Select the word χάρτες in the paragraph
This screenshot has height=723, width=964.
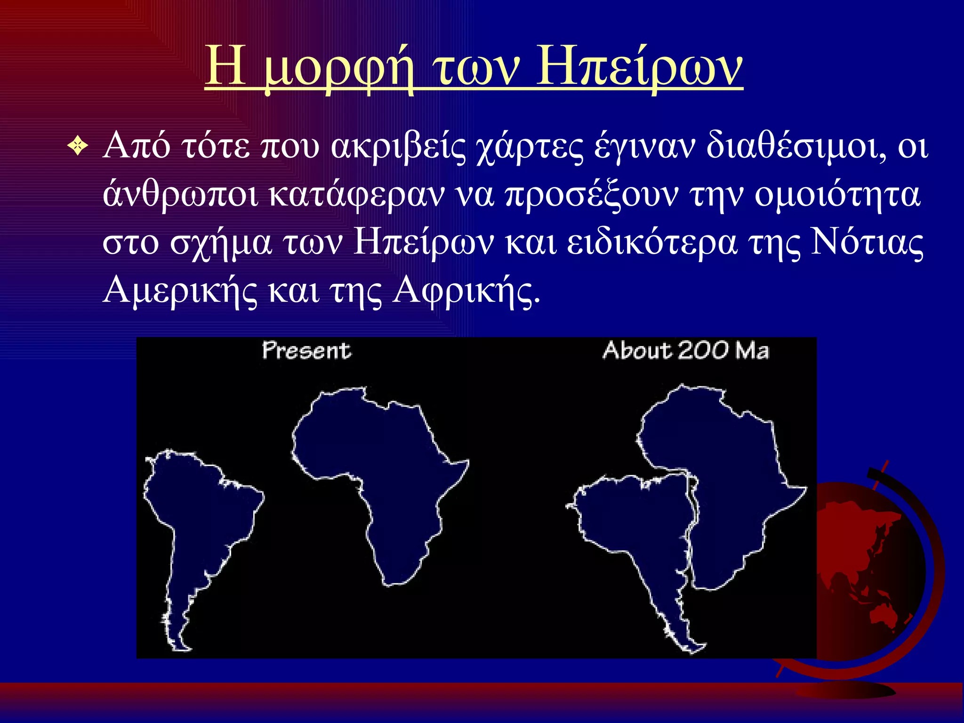[530, 147]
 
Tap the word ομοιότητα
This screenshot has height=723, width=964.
[837, 195]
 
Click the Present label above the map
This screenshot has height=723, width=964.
[306, 351]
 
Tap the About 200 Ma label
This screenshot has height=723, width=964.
[685, 351]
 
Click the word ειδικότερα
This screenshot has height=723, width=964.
[652, 243]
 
